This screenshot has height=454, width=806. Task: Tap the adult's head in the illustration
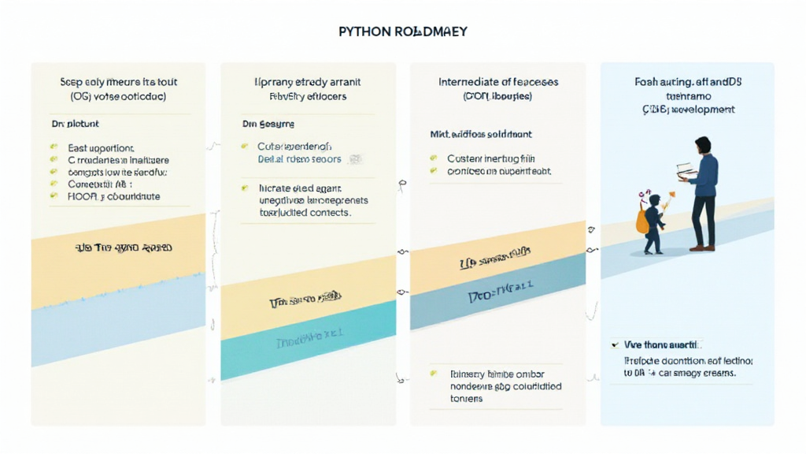tap(702, 145)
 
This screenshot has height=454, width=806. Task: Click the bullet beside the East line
tap(54, 147)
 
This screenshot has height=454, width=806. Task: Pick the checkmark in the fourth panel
tap(614, 345)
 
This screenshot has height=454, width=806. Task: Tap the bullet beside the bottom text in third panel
tap(434, 374)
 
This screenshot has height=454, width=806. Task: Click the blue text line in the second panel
tap(299, 159)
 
